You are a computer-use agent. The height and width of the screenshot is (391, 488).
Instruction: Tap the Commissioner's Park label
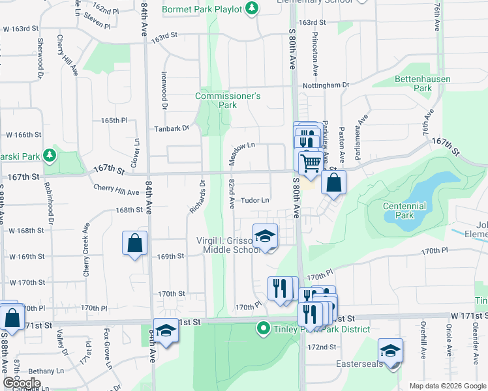(x=228, y=100)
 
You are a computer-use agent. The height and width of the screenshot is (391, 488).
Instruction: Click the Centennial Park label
(x=404, y=210)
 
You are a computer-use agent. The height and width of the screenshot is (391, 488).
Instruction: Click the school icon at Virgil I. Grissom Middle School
(x=265, y=236)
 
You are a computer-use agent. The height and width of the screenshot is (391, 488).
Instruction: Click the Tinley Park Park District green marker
(x=264, y=328)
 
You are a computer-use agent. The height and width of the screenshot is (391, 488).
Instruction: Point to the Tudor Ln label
(x=256, y=201)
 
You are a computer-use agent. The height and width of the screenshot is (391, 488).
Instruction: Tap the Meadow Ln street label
(x=241, y=147)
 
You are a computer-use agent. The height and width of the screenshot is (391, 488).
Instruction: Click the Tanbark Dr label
(x=172, y=128)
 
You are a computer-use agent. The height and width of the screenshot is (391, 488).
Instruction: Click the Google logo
(x=22, y=383)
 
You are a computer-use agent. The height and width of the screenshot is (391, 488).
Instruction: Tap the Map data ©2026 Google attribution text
(x=448, y=386)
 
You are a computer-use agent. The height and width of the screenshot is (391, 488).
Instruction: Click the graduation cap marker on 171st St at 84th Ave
(x=166, y=330)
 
